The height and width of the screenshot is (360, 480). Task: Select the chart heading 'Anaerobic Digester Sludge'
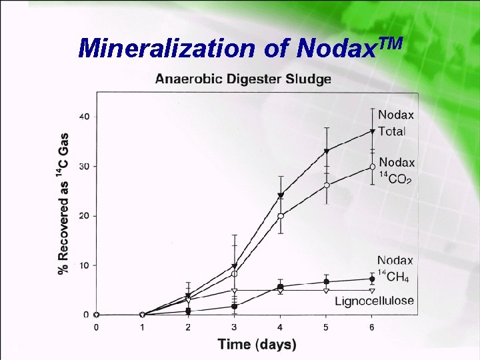coord(243,79)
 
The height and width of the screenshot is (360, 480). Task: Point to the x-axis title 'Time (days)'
coord(257,344)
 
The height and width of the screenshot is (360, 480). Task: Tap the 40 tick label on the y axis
coord(84,117)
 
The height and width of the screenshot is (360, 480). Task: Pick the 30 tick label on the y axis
coord(84,166)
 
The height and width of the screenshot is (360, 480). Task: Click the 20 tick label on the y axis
coord(84,216)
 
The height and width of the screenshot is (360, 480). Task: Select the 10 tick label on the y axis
coord(84,265)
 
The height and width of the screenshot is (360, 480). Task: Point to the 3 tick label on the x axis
coord(234,327)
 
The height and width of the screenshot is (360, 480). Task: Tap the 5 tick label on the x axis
coord(326,327)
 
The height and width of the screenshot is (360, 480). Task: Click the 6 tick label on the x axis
coord(372,327)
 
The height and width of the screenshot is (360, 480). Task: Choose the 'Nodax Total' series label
coord(395,123)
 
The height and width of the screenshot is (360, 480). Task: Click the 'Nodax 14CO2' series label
coord(397,171)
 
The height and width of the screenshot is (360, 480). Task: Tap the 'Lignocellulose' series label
coord(373,301)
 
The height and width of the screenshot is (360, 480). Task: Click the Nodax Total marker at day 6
coord(372,131)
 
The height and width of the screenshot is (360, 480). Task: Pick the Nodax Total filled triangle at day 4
coord(281,195)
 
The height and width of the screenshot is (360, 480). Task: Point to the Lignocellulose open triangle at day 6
coord(372,291)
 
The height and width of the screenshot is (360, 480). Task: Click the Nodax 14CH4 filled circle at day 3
coord(235,307)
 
